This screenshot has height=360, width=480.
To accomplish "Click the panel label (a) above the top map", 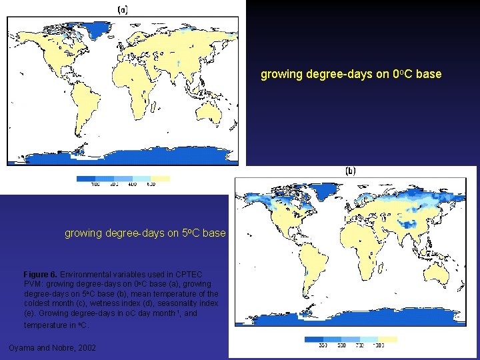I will (123, 10).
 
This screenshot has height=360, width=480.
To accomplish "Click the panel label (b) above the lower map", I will (350, 171).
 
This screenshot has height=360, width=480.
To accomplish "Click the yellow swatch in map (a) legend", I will (160, 178).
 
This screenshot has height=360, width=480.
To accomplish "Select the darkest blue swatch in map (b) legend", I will (315, 339).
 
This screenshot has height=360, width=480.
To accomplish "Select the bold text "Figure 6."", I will (40, 275).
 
